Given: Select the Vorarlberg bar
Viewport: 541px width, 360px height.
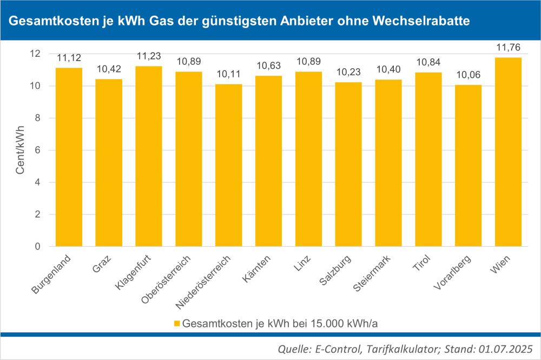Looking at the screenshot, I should (468, 166).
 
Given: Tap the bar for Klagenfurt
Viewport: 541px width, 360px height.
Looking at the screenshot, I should (149, 156).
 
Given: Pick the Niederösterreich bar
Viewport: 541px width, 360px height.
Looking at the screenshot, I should (228, 165).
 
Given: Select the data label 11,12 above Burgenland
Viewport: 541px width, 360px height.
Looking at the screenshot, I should (69, 57).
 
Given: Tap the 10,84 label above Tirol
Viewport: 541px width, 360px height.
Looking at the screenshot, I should (428, 62).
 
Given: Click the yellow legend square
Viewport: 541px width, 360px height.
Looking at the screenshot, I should (177, 324).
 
